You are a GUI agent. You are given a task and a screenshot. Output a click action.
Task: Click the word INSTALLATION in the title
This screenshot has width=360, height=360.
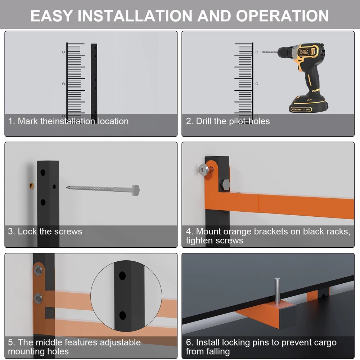(135, 16)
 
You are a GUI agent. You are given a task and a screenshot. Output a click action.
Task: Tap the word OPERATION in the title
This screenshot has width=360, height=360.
(282, 16)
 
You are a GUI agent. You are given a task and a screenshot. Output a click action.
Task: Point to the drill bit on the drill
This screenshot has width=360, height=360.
(270, 52)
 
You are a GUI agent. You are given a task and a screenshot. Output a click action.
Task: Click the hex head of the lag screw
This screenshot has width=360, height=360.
(135, 190)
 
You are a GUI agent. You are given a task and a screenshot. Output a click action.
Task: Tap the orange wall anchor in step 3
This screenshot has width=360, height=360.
(32, 185)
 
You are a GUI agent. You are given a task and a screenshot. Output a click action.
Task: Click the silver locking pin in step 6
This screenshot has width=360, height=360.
(277, 291)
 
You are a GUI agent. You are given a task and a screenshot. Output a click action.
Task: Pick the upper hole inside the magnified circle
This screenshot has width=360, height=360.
(122, 275)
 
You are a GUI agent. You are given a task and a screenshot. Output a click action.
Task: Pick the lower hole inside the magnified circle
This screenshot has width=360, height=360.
(123, 315)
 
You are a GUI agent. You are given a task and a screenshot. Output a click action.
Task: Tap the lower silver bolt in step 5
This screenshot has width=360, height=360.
(39, 298)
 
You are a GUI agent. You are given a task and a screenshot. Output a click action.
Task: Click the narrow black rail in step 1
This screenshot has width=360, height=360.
(94, 81)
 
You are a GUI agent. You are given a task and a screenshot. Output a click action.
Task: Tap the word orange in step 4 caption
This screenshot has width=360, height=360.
(237, 232)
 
